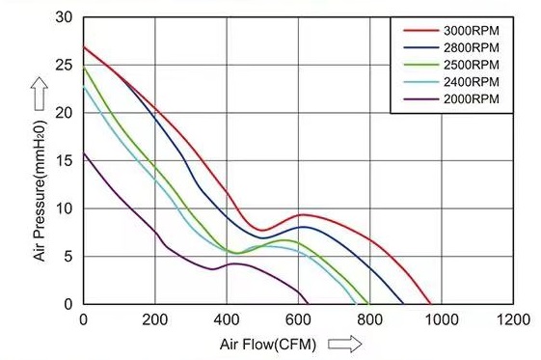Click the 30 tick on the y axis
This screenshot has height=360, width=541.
(64, 17)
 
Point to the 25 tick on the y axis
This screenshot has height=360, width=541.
(64, 65)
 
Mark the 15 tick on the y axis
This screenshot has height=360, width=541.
(64, 160)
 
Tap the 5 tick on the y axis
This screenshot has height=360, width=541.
(68, 256)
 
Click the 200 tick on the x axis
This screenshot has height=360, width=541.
(155, 319)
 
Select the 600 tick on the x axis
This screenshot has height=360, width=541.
(299, 319)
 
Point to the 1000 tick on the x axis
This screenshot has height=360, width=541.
(442, 319)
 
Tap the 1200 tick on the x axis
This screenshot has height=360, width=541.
(513, 319)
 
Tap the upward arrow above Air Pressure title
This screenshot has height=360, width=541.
(40, 93)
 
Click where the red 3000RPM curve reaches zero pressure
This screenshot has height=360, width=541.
(430, 303)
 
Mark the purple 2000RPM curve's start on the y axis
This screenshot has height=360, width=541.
(84, 152)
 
